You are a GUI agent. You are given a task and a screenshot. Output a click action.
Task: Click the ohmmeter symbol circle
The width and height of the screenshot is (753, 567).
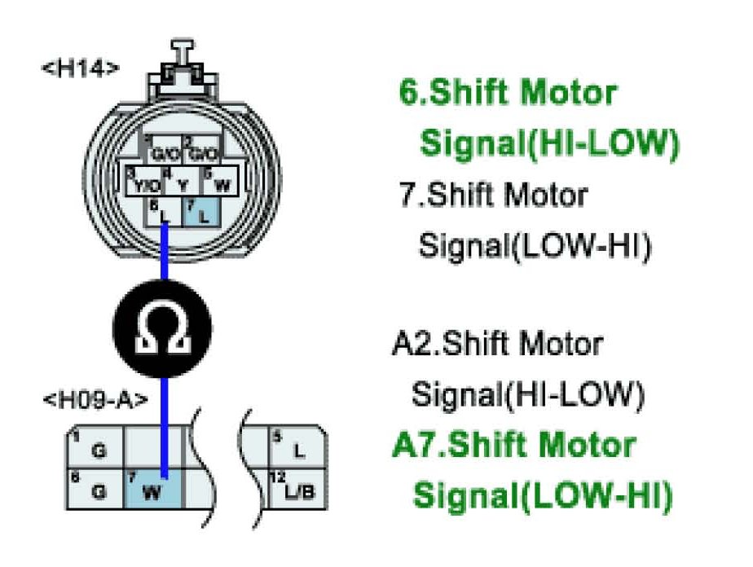[x=162, y=329]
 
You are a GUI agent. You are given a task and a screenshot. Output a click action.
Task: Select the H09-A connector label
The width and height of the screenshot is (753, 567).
[x=94, y=400]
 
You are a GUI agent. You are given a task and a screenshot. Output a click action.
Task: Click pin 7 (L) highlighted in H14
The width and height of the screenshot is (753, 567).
[x=200, y=213]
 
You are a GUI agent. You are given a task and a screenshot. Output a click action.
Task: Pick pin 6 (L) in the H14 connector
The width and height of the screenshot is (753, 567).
[x=165, y=213]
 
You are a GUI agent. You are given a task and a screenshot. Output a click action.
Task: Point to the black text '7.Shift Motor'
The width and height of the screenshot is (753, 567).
[x=493, y=196]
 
